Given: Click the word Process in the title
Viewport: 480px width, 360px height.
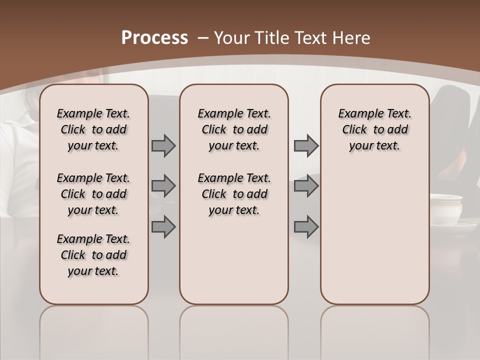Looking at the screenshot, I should click(x=154, y=38).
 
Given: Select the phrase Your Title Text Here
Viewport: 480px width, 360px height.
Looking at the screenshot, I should click(x=292, y=38).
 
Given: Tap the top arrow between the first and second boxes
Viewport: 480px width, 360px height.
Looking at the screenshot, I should click(x=163, y=145).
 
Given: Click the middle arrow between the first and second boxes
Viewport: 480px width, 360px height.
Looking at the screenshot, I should click(x=163, y=186).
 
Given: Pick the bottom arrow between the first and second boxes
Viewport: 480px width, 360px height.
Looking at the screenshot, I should click(x=163, y=226).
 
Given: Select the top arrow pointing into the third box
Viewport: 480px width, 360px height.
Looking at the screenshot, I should click(x=306, y=145).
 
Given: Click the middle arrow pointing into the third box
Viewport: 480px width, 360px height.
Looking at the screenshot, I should click(x=306, y=186).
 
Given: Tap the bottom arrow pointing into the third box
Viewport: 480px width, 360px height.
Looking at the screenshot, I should click(x=306, y=226).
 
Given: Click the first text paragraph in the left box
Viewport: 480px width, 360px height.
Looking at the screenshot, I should click(x=93, y=129).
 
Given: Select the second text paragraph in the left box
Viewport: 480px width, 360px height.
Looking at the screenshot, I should click(x=93, y=194).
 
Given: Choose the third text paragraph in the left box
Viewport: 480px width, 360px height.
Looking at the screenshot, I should click(x=93, y=255).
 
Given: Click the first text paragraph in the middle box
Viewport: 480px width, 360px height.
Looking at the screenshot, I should click(x=234, y=129).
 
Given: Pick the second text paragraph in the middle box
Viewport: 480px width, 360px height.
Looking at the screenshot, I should click(x=234, y=194).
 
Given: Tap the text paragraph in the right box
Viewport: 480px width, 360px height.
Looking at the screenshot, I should click(x=374, y=129).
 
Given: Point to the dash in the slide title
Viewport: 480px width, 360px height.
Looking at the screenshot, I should click(x=202, y=38).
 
